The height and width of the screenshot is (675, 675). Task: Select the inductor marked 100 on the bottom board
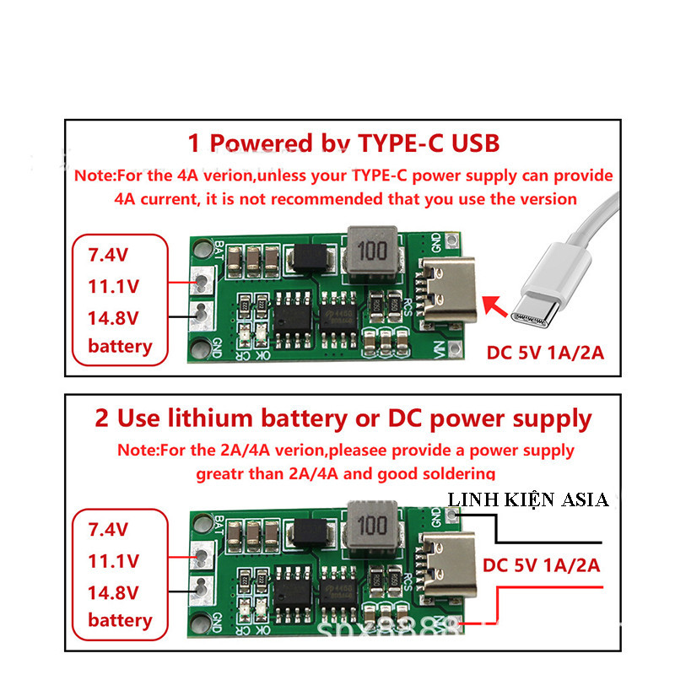pos(368,526)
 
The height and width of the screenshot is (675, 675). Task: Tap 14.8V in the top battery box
pos(113,317)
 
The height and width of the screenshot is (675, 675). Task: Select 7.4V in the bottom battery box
pos(109,530)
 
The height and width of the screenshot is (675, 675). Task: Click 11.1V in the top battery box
pos(113,286)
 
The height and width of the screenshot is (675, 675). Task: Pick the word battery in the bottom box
pos(120,620)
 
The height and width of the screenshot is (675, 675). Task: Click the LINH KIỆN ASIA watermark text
pos(528,499)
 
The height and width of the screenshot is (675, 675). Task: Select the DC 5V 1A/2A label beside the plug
pos(545,352)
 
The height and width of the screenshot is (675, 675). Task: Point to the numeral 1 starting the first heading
pos(194,143)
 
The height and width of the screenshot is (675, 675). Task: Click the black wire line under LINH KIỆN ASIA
pos(548,539)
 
